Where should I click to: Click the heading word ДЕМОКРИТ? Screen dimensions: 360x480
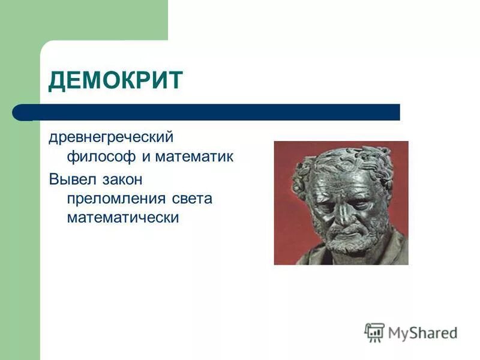[115, 80]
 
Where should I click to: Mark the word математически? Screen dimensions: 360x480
[123, 217]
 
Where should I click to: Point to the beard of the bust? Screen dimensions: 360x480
[348, 243]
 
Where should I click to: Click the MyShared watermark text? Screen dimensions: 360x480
[422, 333]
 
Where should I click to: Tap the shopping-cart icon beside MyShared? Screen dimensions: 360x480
[374, 332]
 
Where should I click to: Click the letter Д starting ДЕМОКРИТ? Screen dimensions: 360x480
[56, 80]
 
